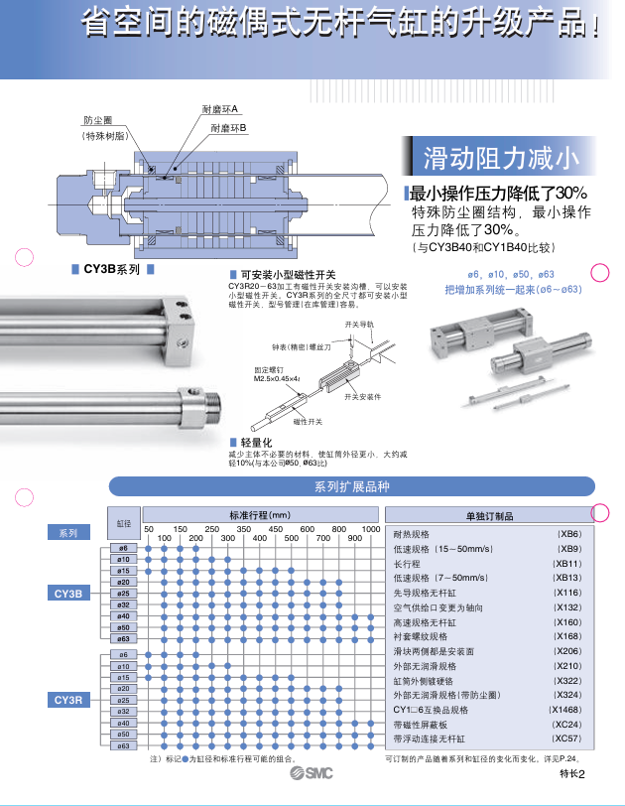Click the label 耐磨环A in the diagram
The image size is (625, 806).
219,109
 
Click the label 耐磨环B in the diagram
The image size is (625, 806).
228,129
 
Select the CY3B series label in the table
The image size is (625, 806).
68,594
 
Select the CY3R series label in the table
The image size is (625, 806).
68,701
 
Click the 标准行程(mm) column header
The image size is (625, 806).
260,515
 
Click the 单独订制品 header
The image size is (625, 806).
489,516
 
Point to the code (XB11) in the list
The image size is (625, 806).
566,563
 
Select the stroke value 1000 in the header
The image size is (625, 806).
370,529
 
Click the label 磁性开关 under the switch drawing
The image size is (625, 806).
309,422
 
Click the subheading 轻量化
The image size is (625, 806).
256,441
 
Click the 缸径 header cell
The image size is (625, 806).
124,522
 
